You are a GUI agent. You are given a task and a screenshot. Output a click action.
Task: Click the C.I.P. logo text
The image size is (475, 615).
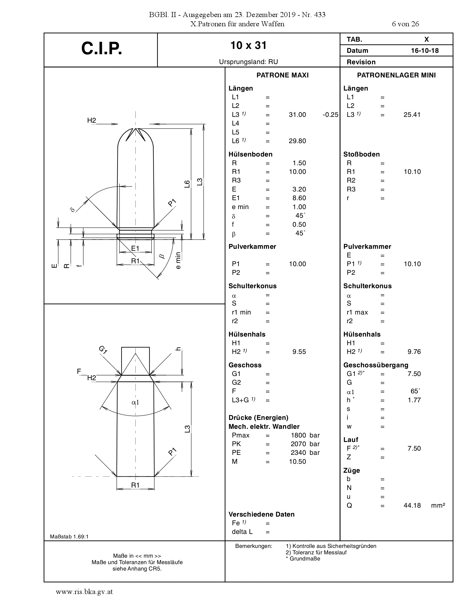pyautogui.click(x=102, y=48)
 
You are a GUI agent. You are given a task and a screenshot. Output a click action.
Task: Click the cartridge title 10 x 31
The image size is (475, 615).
pyautogui.click(x=248, y=45)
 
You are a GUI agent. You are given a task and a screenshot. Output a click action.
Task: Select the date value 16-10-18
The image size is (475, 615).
pyautogui.click(x=425, y=51)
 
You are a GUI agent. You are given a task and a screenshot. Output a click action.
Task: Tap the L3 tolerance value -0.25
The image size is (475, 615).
pyautogui.click(x=330, y=115)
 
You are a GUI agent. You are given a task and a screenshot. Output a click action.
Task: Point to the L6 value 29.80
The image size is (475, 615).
pyautogui.click(x=297, y=141)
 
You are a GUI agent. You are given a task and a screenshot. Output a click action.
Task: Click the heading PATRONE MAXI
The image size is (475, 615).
pyautogui.click(x=282, y=75)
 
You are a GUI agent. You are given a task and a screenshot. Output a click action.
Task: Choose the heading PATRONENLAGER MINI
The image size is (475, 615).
pyautogui.click(x=396, y=75)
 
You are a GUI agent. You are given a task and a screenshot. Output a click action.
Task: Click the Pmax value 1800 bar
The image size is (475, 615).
pyautogui.click(x=305, y=435)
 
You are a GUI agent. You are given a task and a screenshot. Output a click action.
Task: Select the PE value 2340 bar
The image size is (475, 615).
pyautogui.click(x=305, y=453)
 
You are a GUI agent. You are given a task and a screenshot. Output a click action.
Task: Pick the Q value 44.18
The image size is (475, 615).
pyautogui.click(x=412, y=505)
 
